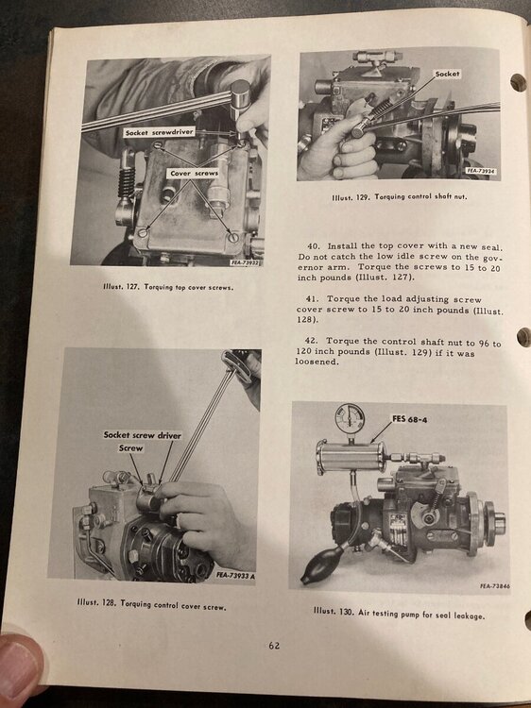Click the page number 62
(x=274, y=646)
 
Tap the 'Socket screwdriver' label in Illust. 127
(x=159, y=132)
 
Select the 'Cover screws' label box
(x=194, y=173)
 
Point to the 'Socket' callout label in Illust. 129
(x=447, y=74)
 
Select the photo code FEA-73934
(x=484, y=172)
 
